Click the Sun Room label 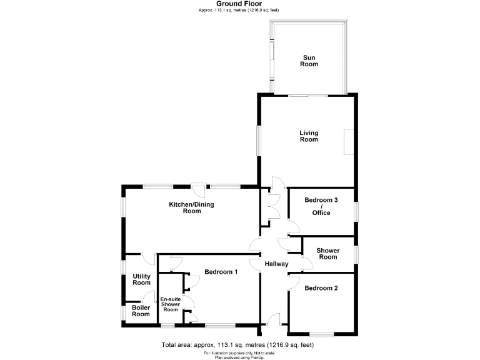tap(309, 61)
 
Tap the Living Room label tap(309, 136)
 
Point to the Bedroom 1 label tap(221, 272)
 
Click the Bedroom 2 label tap(321, 288)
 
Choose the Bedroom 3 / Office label tap(321, 206)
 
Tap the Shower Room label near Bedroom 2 tap(328, 254)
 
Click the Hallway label tap(276, 264)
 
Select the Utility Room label tap(141, 279)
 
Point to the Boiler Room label tap(141, 311)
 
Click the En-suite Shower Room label tap(171, 304)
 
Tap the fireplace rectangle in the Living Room tap(348, 141)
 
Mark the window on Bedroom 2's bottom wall tap(322, 333)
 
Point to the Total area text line tap(237, 345)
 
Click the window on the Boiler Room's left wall tap(122, 311)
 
